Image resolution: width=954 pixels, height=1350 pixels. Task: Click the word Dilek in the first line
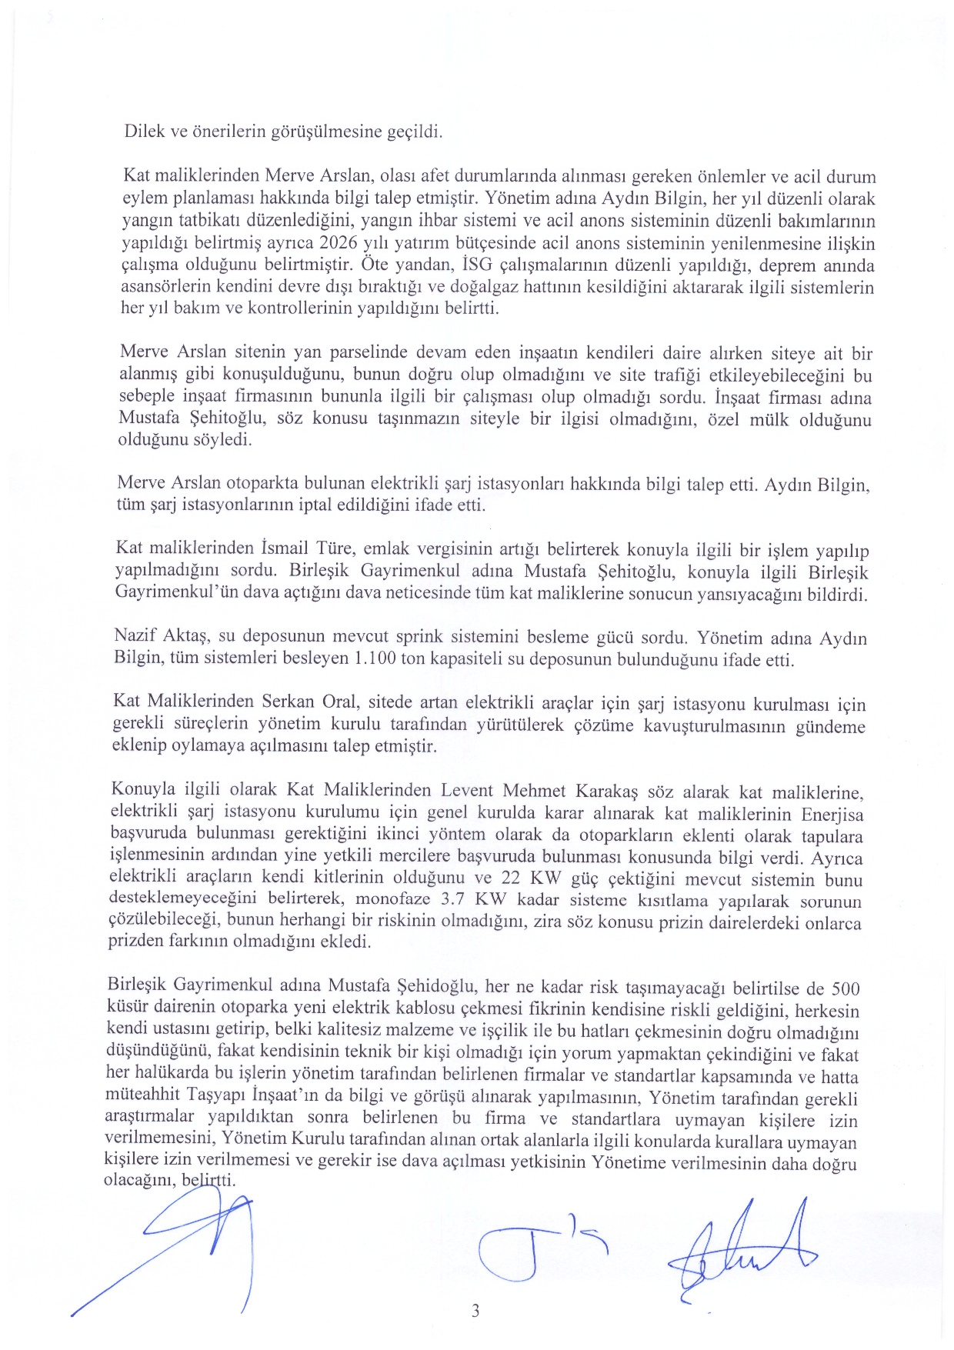(x=145, y=131)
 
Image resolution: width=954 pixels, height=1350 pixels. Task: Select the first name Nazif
(x=134, y=636)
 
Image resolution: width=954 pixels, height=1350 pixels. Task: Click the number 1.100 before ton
(x=376, y=659)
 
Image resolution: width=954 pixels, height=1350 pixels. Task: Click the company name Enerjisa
(x=832, y=815)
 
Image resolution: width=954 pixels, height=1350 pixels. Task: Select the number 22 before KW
(x=511, y=878)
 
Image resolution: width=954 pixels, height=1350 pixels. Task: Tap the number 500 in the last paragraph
(x=846, y=988)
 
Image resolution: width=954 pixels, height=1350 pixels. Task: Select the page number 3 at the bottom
(x=475, y=1311)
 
